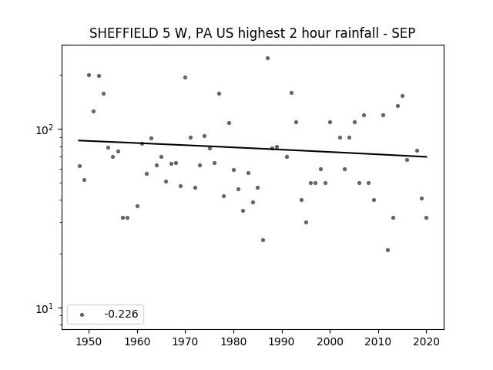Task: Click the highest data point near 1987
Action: click(267, 59)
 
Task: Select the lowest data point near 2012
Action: click(387, 250)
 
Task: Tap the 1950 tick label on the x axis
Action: click(89, 341)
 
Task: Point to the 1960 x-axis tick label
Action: click(137, 341)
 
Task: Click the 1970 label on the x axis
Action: click(185, 341)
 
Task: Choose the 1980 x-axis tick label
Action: click(233, 341)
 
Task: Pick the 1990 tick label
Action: click(282, 341)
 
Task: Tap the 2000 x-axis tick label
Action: click(330, 341)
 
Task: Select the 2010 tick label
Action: click(378, 341)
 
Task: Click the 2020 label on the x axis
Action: click(426, 341)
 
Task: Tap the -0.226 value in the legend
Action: click(121, 314)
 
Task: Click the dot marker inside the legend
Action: click(82, 314)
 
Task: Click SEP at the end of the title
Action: click(404, 33)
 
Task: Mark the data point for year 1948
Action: click(79, 166)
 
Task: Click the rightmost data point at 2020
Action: click(426, 217)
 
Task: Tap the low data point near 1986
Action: click(263, 240)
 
